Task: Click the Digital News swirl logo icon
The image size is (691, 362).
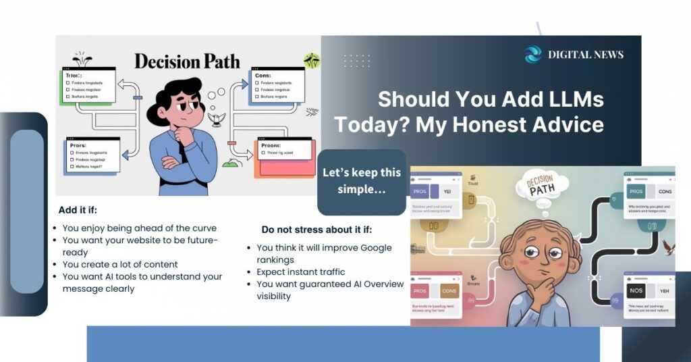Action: [533, 55]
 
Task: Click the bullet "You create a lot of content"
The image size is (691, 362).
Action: [120, 264]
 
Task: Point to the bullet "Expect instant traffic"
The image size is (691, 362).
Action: [301, 272]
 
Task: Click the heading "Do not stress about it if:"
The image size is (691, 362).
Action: [316, 230]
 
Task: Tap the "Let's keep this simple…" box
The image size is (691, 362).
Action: [362, 181]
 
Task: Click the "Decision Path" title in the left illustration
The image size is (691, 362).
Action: [187, 61]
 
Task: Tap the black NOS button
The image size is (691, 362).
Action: [636, 290]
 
